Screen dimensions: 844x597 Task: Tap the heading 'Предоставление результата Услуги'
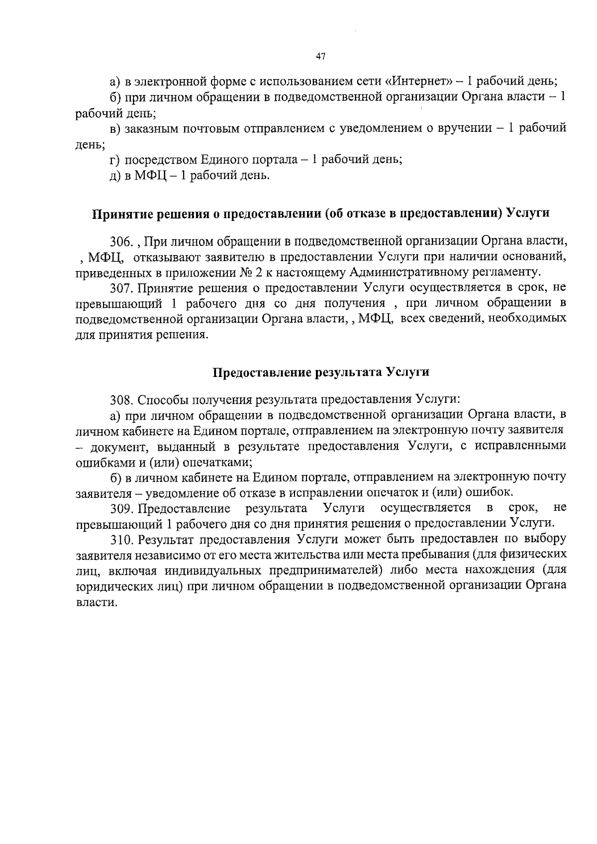coord(321,373)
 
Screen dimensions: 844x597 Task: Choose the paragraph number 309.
coord(122,508)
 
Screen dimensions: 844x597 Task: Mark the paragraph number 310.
coord(122,539)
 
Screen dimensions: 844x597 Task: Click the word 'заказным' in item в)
coord(147,128)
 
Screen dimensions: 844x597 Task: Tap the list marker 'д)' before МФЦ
coord(115,176)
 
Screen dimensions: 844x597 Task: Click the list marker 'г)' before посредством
coord(115,160)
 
